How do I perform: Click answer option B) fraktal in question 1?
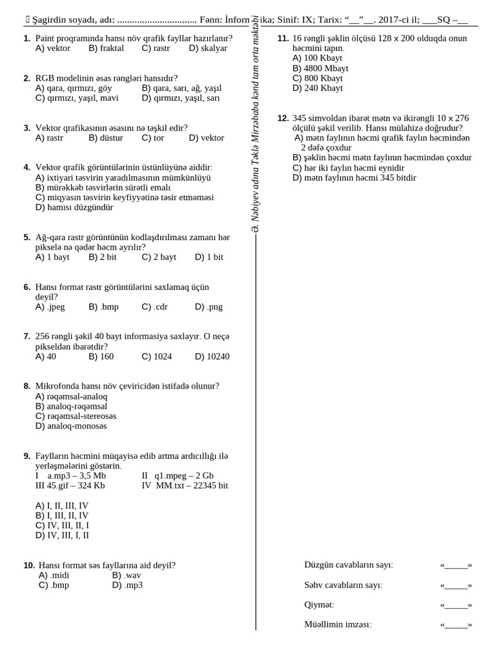click(x=106, y=48)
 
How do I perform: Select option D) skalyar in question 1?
click(x=208, y=48)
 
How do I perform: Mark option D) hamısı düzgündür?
click(x=74, y=208)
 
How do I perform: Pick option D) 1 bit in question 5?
click(x=209, y=257)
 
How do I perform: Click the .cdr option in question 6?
click(x=155, y=307)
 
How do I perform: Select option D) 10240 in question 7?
click(x=212, y=356)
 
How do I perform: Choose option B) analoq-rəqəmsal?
click(x=71, y=407)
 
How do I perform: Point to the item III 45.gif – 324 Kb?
click(x=70, y=485)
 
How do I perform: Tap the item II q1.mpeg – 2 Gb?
click(x=178, y=476)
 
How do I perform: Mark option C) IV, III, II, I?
click(x=62, y=525)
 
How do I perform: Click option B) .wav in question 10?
click(x=127, y=575)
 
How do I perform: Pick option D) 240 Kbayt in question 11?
click(x=318, y=88)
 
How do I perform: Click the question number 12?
click(x=283, y=118)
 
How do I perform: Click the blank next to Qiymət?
click(x=456, y=605)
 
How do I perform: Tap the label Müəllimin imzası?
click(x=338, y=624)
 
